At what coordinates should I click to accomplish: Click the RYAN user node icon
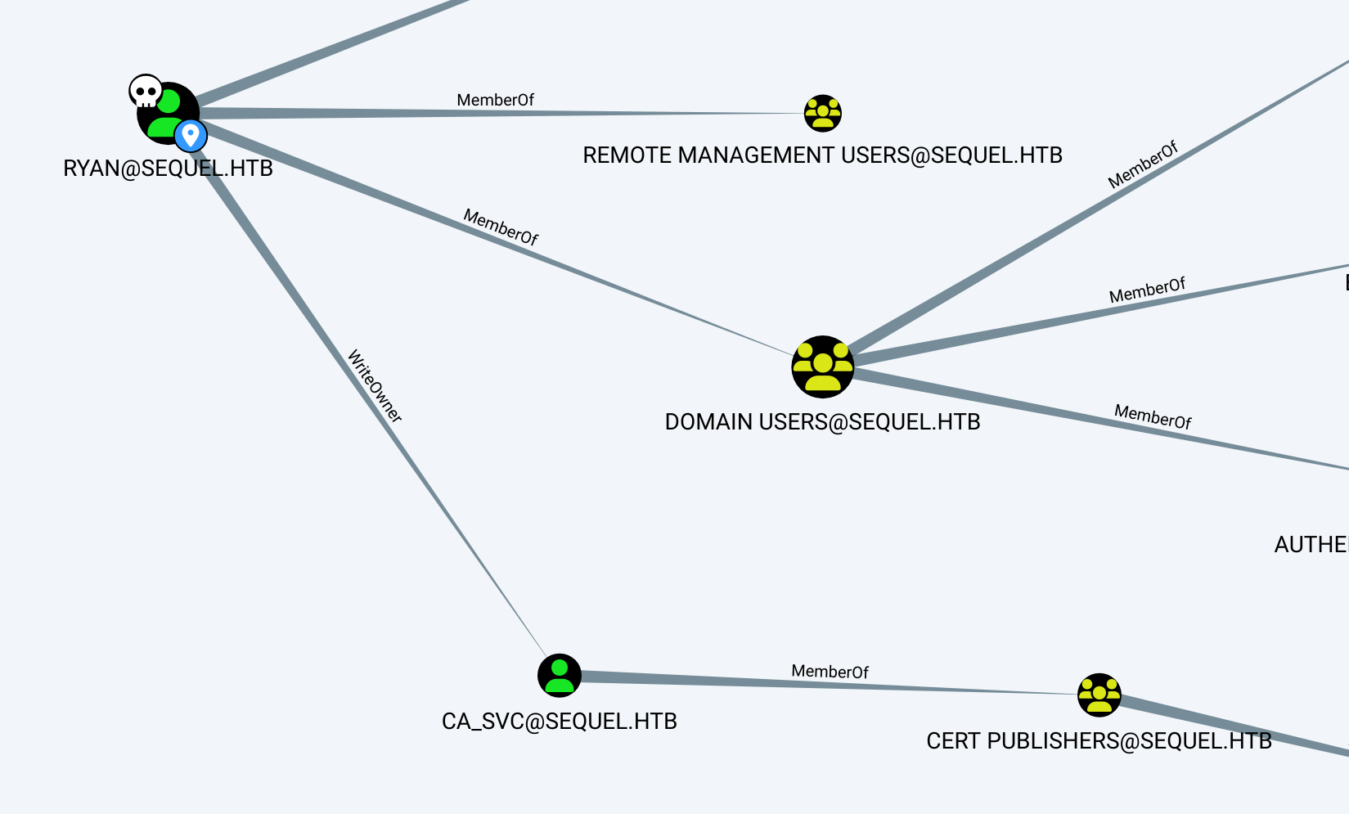coord(168,113)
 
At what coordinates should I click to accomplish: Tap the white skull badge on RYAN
coord(146,92)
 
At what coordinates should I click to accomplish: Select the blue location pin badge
coord(191,135)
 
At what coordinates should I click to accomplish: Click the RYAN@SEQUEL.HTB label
coord(168,169)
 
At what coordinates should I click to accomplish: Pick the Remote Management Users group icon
coord(822,113)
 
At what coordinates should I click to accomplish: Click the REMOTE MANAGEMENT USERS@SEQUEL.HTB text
coord(822,155)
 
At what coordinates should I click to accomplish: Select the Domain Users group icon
coord(822,367)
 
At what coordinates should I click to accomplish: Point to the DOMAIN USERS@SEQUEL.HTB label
coord(822,422)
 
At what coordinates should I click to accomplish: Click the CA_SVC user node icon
coord(560,676)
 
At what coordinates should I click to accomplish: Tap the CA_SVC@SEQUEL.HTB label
coord(560,722)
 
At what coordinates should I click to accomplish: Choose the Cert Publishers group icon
coord(1099,695)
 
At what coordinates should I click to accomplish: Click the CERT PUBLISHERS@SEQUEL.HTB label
coord(1099,741)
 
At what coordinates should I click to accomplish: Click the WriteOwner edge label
coord(375,386)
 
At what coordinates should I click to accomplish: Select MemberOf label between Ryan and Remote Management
coord(495,100)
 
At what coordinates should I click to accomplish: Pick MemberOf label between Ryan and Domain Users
coord(501,227)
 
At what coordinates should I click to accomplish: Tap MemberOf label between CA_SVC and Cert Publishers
coord(830,672)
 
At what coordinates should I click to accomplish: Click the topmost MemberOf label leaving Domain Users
coord(1143,164)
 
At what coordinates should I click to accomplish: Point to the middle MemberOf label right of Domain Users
coord(1147,290)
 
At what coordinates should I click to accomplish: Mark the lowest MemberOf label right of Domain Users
coord(1153,416)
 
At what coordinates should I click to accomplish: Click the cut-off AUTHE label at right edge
coord(1311,545)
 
